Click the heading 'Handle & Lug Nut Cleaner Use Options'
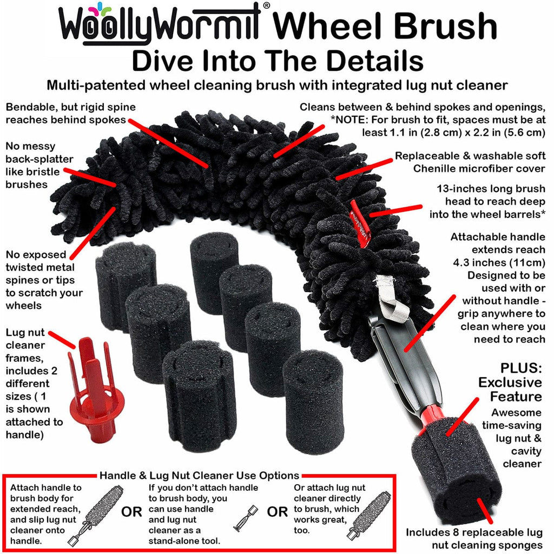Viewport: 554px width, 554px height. click(199, 476)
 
